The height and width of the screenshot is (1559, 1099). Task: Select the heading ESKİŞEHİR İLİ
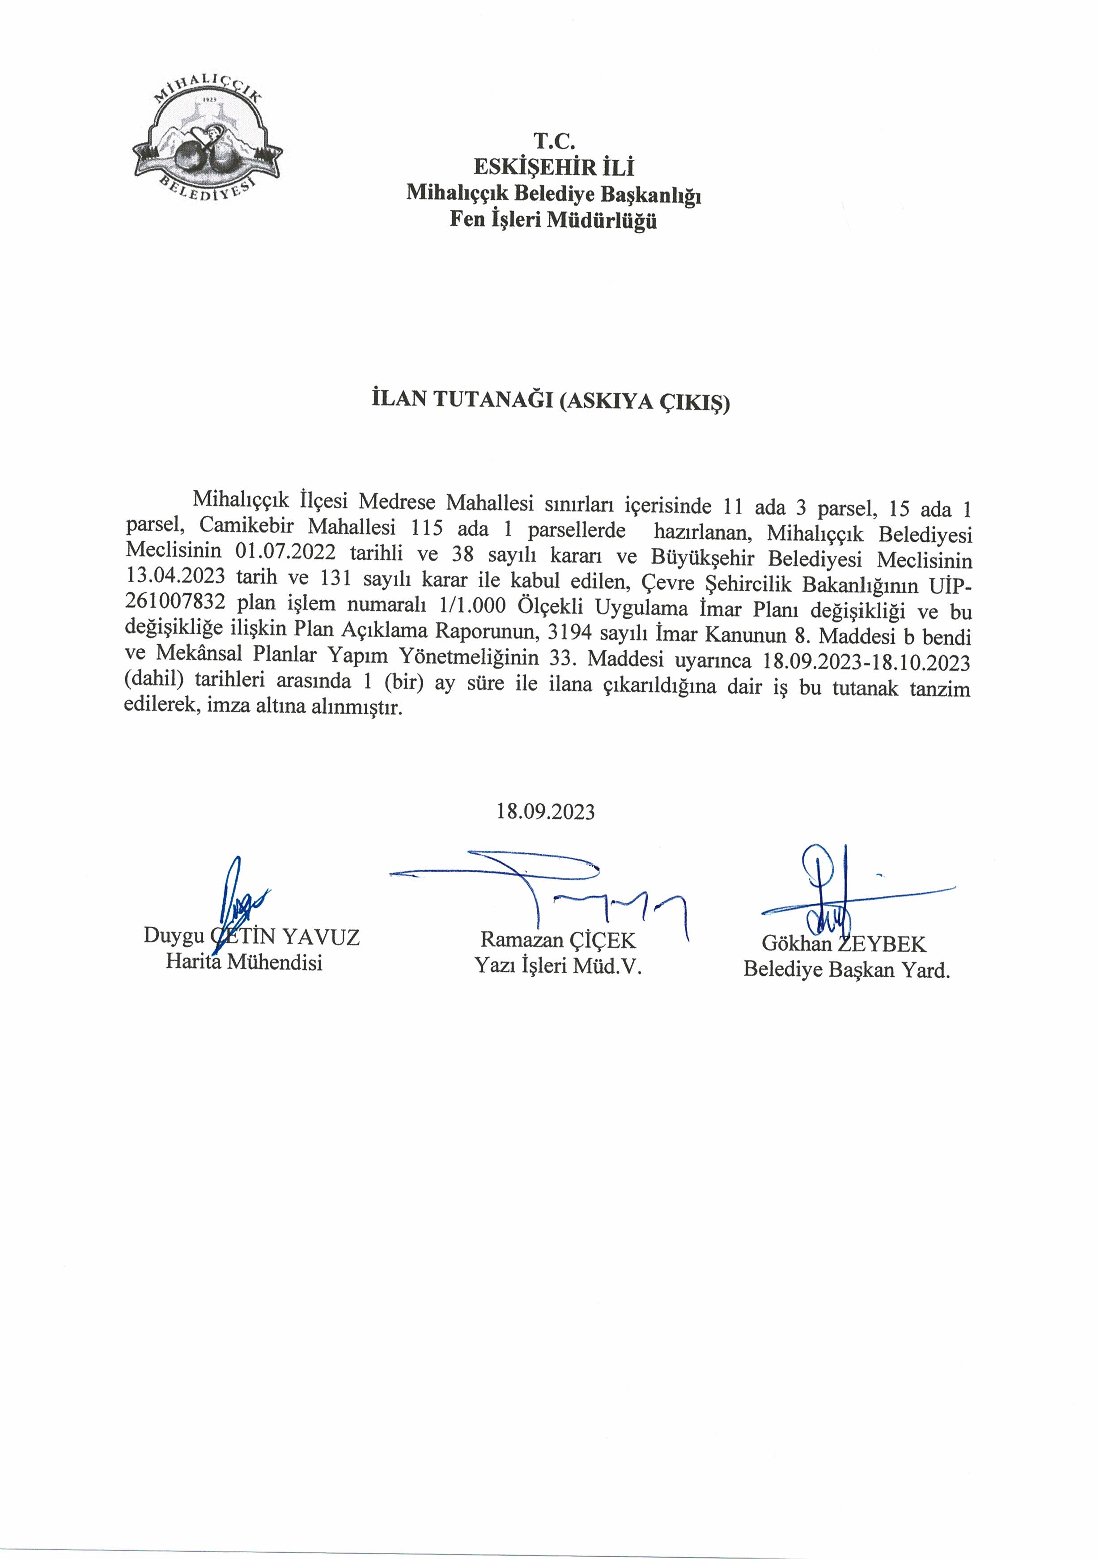tap(554, 167)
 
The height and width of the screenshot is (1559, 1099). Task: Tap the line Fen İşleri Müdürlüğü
tap(553, 221)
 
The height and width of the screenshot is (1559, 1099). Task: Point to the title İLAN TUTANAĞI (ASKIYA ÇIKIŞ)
tap(551, 401)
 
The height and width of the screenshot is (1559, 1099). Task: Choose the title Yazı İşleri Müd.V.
tap(558, 966)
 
